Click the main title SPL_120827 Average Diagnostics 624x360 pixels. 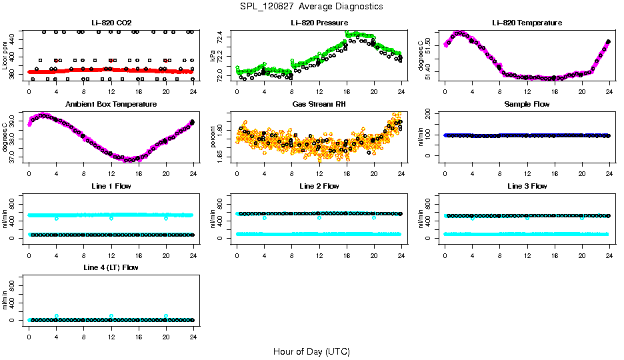click(x=312, y=6)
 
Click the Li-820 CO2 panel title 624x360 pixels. click(x=111, y=23)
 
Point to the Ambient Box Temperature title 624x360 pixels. click(x=111, y=105)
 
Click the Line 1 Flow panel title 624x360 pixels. click(x=111, y=186)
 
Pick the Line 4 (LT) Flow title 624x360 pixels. click(x=111, y=267)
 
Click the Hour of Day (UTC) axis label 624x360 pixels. click(x=311, y=351)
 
